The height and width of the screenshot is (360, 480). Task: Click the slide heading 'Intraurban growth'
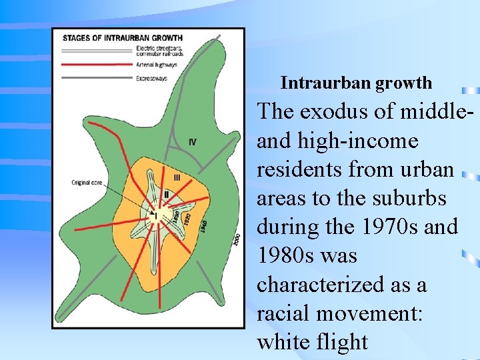pyautogui.click(x=356, y=83)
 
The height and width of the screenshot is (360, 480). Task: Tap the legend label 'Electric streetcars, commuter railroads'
pyautogui.click(x=159, y=50)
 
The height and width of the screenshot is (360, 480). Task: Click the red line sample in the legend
pyautogui.click(x=97, y=65)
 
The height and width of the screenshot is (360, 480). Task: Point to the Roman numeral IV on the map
pyautogui.click(x=193, y=141)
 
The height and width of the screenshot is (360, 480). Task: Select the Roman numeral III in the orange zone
pyautogui.click(x=177, y=177)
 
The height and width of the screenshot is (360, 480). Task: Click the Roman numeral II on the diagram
pyautogui.click(x=166, y=194)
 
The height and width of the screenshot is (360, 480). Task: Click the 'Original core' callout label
pyautogui.click(x=91, y=182)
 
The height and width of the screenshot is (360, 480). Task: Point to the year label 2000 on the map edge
pyautogui.click(x=237, y=239)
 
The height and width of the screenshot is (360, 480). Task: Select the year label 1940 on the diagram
pyautogui.click(x=203, y=226)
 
